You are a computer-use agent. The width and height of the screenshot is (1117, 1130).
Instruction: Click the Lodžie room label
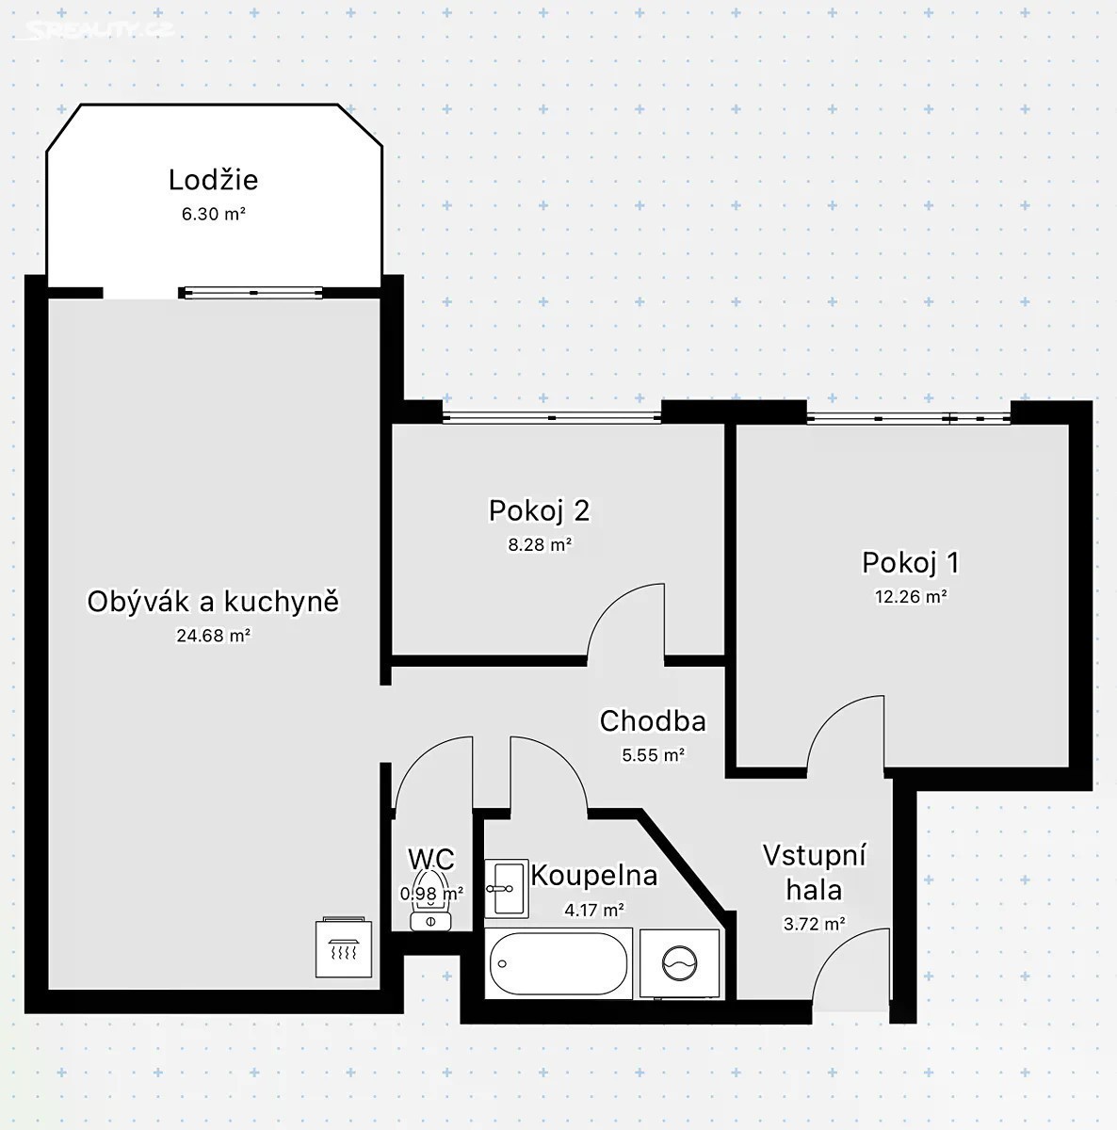coord(213,180)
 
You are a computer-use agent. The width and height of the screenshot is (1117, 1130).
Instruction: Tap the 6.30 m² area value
coord(213,214)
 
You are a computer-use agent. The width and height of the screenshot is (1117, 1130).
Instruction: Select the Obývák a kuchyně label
coord(213,603)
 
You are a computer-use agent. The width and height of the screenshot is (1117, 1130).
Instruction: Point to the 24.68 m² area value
coord(214,636)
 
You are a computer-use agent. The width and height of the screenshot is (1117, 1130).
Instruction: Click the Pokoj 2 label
coord(539,510)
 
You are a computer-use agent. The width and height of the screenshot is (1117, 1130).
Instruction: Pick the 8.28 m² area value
coord(540,545)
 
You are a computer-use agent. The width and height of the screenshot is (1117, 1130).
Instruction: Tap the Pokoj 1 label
coord(911,562)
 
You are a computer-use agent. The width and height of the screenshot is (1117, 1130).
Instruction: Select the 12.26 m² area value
coord(911,596)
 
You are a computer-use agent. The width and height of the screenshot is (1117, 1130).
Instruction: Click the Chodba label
coord(653,720)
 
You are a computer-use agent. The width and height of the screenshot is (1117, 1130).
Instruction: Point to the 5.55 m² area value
coord(653,754)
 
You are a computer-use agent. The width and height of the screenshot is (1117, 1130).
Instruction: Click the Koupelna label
coord(593,876)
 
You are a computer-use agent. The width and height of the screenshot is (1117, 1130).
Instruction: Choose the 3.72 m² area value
coord(815,924)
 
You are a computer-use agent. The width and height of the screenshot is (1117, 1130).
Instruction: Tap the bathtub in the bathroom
coord(558,963)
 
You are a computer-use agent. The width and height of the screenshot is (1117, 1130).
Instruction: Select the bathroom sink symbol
coord(507,888)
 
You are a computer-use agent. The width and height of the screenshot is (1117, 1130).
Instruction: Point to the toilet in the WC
coord(430,901)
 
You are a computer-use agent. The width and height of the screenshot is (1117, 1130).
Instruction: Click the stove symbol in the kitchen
coord(344,947)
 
